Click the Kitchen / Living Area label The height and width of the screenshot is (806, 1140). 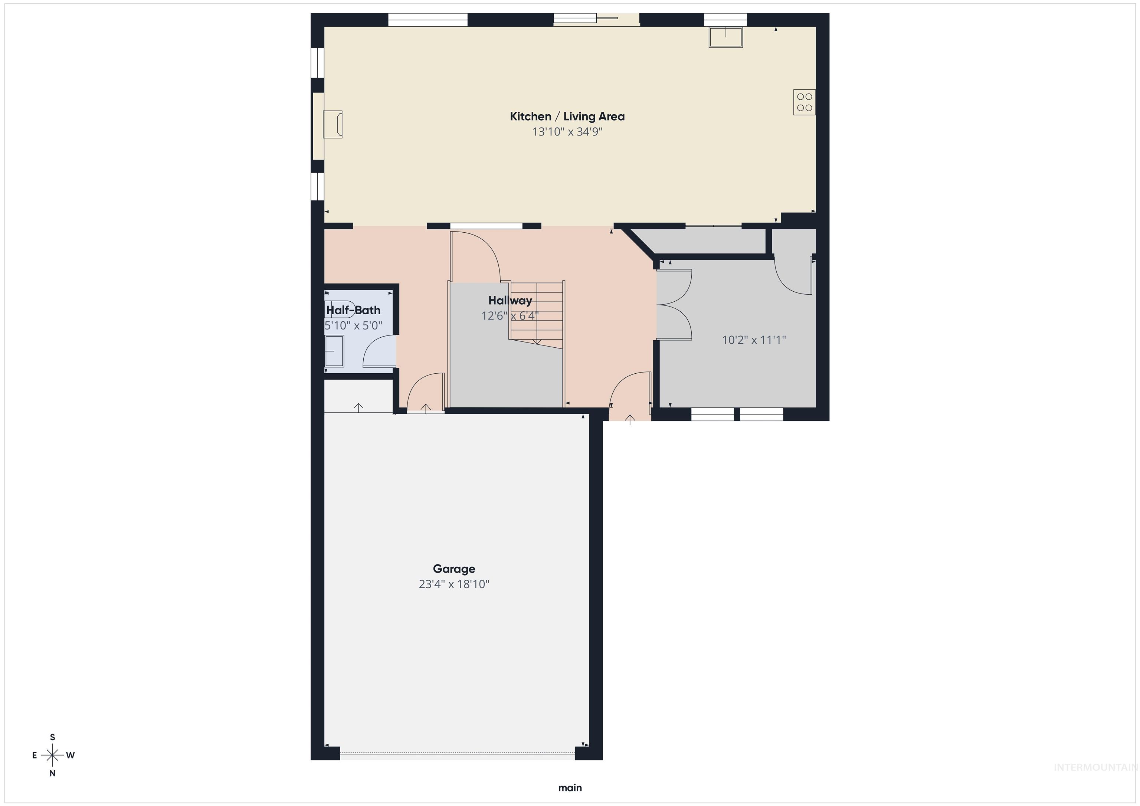click(x=567, y=116)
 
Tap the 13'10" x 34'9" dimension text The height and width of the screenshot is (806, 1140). click(x=567, y=132)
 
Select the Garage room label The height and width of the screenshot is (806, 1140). click(x=454, y=569)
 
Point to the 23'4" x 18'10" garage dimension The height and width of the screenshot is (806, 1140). click(x=454, y=584)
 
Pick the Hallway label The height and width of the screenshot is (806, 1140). click(x=510, y=301)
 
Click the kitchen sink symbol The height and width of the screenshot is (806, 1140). click(x=726, y=37)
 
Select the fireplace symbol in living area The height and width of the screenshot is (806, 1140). click(x=332, y=124)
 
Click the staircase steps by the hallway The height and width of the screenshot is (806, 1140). click(x=537, y=312)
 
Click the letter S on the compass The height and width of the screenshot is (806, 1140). click(x=53, y=737)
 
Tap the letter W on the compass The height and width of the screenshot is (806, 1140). click(x=71, y=755)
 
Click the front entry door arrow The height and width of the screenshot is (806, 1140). click(x=630, y=420)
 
